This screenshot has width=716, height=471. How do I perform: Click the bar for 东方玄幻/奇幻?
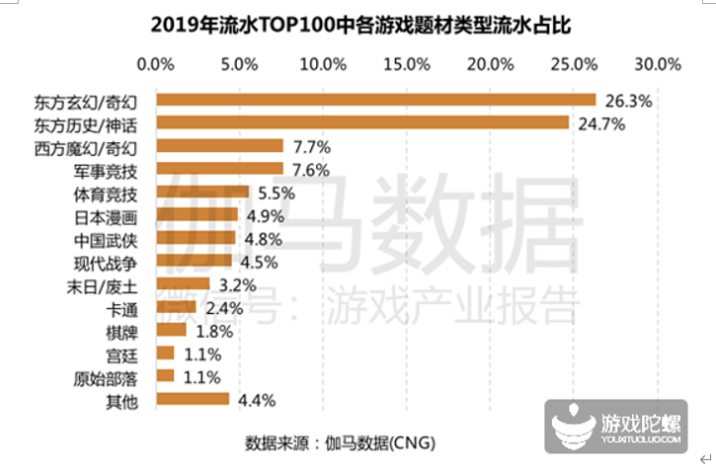pos(375,100)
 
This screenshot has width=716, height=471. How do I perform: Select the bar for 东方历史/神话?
pos(362,122)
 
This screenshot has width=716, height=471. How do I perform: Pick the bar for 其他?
pos(193,400)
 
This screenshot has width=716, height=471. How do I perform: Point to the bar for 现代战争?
pos(195,261)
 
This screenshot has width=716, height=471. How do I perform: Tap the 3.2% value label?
pos(236,284)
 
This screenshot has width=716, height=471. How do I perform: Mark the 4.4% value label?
pos(255,400)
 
